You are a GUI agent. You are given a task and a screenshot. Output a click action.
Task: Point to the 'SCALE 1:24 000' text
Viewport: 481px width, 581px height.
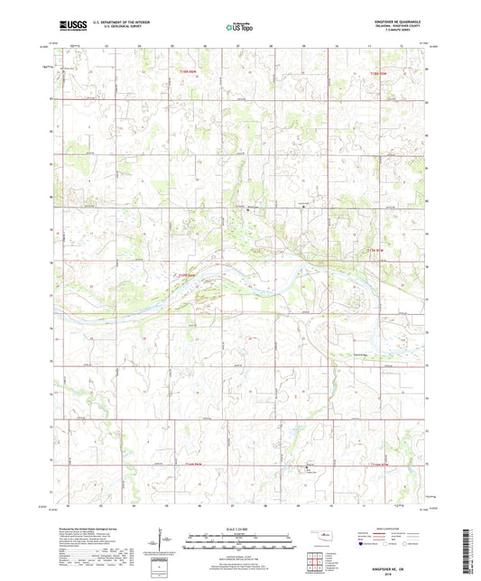tap(239, 529)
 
